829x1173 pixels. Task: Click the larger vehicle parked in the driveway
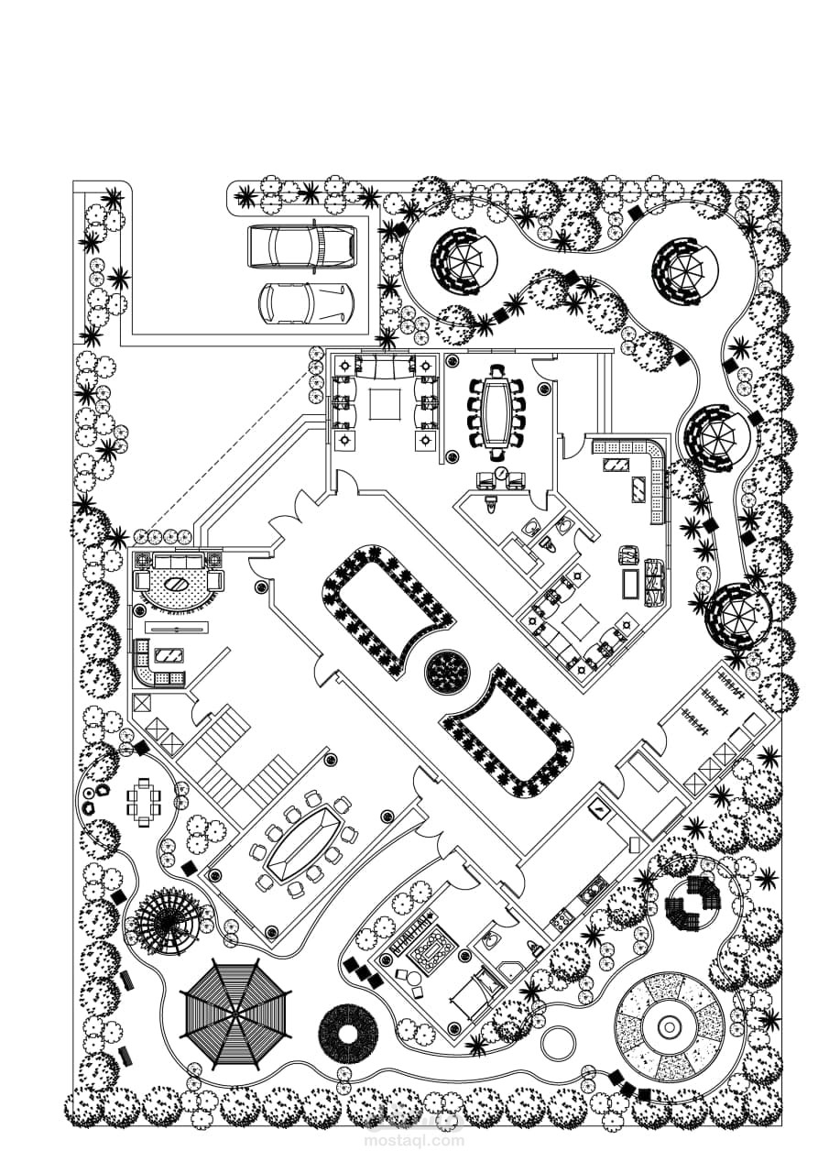(x=301, y=247)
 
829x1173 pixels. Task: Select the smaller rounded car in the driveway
(x=305, y=302)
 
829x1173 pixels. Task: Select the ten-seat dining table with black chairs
(x=498, y=412)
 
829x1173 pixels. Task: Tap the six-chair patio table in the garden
(x=144, y=802)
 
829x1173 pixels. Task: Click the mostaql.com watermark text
(x=414, y=1141)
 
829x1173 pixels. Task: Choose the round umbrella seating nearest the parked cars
(x=463, y=259)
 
